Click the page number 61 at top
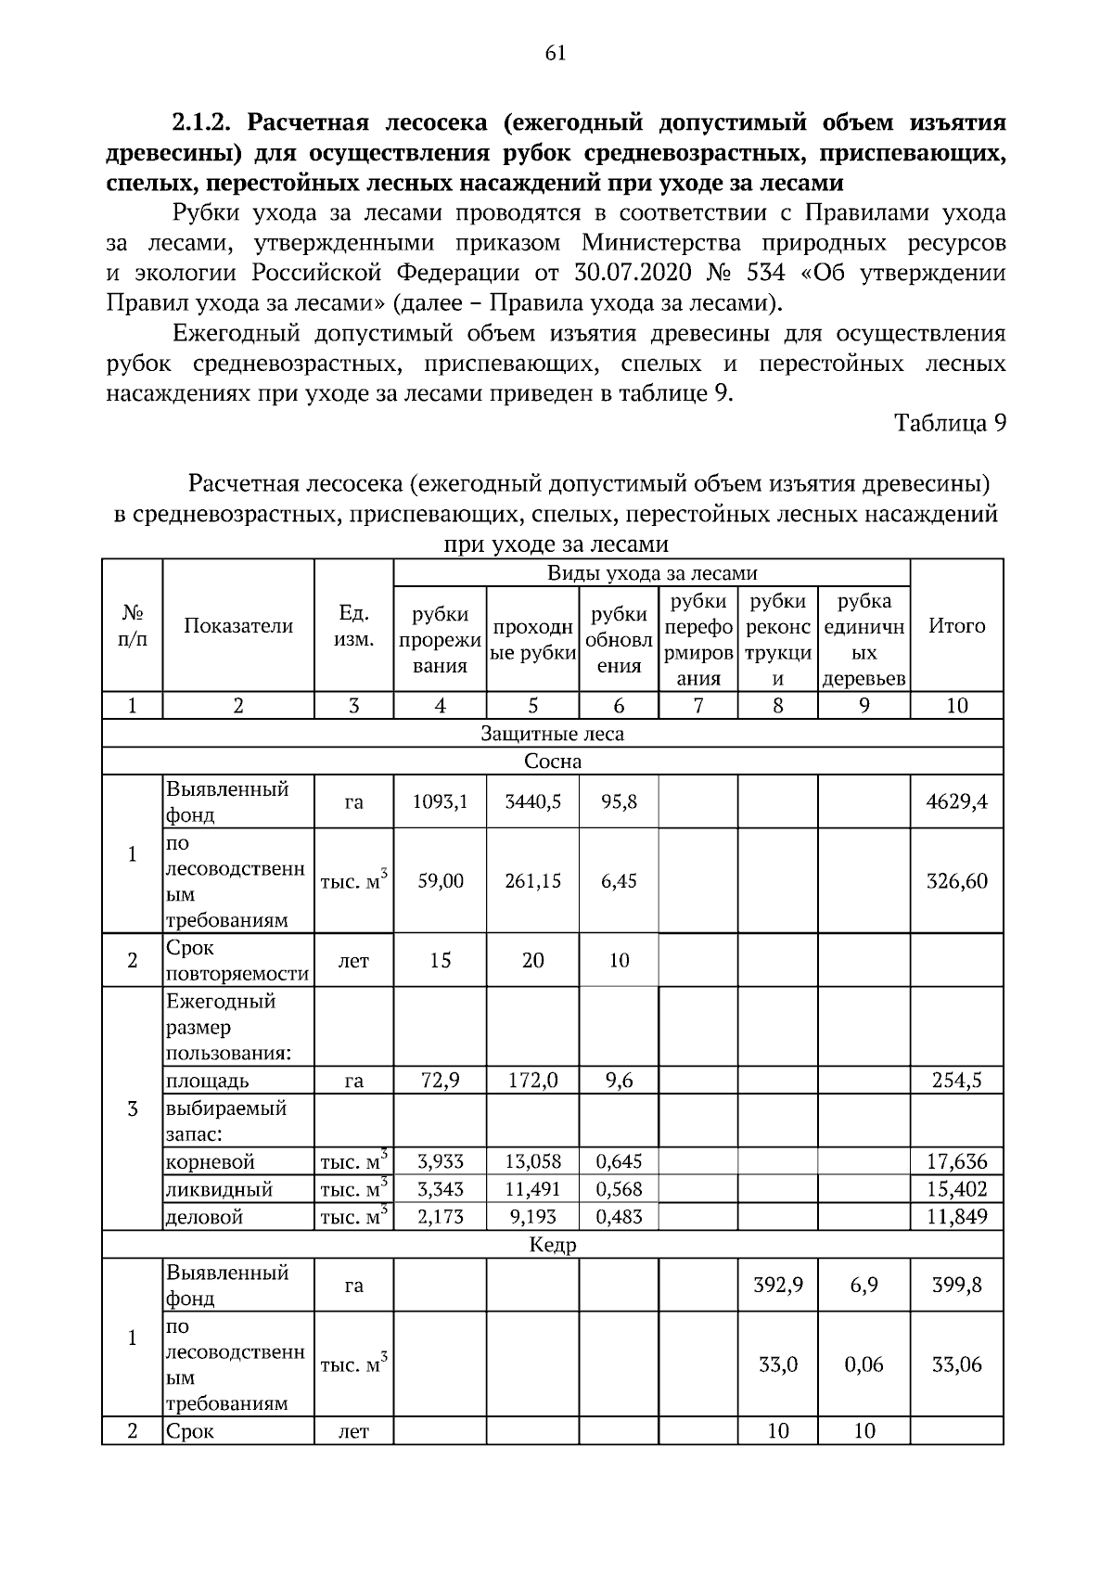pyautogui.click(x=556, y=53)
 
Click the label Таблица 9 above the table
pyautogui.click(x=949, y=423)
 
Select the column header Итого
pyautogui.click(x=956, y=626)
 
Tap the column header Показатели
pyautogui.click(x=238, y=626)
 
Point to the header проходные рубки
pyautogui.click(x=532, y=640)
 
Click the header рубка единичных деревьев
pyautogui.click(x=864, y=640)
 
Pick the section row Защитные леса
pyautogui.click(x=552, y=734)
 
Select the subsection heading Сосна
pyautogui.click(x=553, y=762)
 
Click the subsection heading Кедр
pyautogui.click(x=553, y=1245)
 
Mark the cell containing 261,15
pyautogui.click(x=532, y=881)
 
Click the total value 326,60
pyautogui.click(x=956, y=881)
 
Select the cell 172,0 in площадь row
pyautogui.click(x=532, y=1081)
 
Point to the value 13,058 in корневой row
pyautogui.click(x=532, y=1161)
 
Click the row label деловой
pyautogui.click(x=204, y=1217)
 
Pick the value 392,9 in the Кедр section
pyautogui.click(x=777, y=1286)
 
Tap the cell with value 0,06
pyautogui.click(x=864, y=1364)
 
